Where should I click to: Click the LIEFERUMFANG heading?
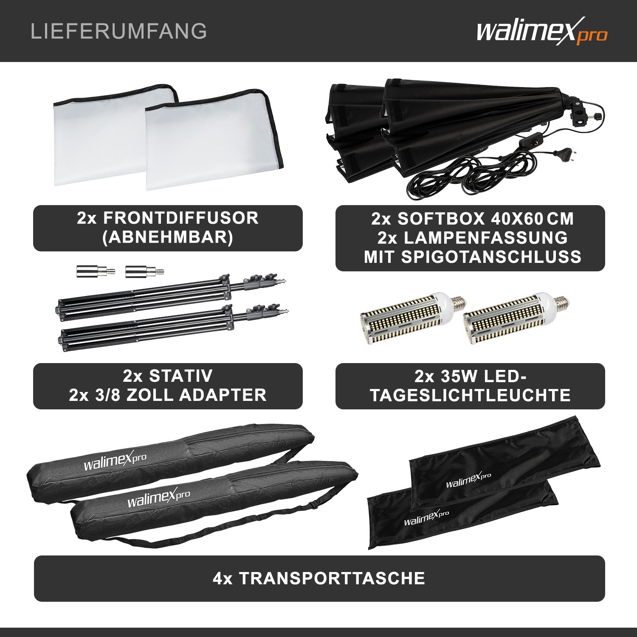coord(119,31)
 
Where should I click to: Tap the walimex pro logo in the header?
coord(541,31)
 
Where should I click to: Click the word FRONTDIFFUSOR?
coord(180,218)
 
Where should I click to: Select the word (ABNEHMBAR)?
coord(168,237)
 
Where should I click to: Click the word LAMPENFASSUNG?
coord(485,238)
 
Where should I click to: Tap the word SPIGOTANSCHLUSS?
coord(491,257)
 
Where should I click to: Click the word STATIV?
coord(180,376)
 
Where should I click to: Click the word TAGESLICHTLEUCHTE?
coord(470,395)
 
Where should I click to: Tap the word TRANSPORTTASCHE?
coord(332,578)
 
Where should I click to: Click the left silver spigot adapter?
coord(96,271)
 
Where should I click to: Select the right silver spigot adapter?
coord(145,271)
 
